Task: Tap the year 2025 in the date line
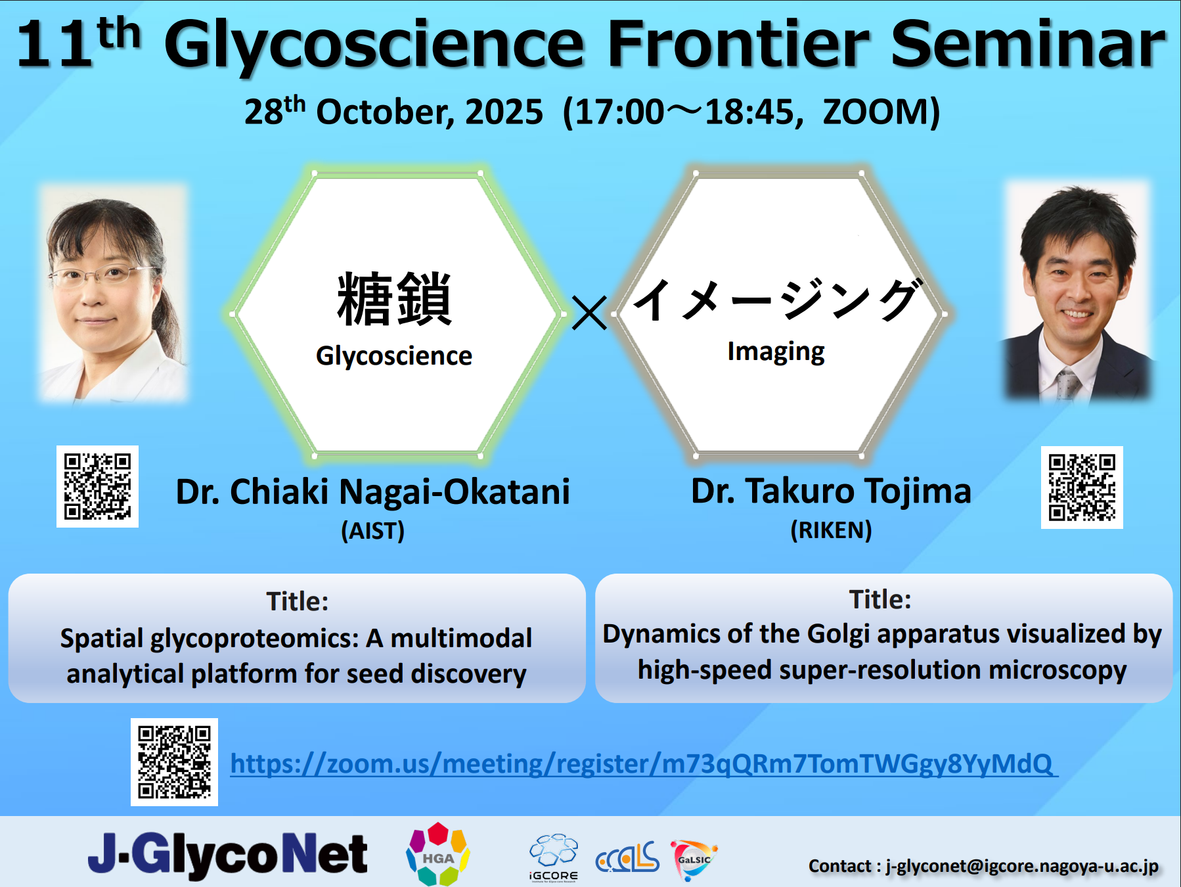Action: tap(504, 112)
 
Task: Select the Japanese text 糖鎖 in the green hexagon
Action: tap(394, 300)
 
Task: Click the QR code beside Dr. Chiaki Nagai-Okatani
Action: tap(97, 486)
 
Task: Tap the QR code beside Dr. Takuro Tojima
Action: tap(1082, 487)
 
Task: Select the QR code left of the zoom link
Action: tap(174, 762)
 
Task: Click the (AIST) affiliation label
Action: tap(372, 531)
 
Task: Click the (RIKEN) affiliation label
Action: tap(831, 530)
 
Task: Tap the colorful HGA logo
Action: tap(437, 854)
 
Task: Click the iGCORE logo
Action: tap(554, 857)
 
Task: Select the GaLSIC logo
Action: tap(694, 858)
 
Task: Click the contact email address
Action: tap(1021, 866)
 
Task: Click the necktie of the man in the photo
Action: tap(1067, 385)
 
